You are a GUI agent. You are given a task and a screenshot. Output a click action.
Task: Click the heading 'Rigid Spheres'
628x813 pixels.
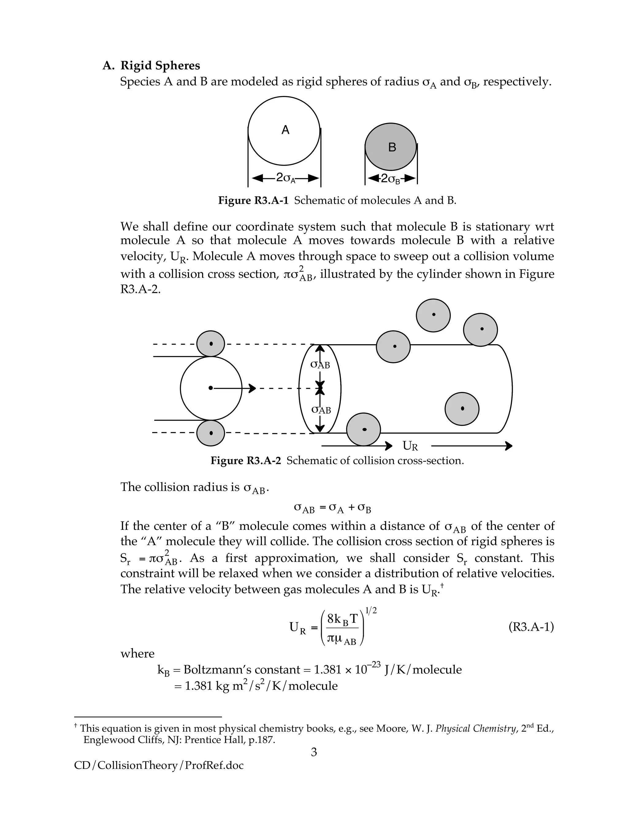(x=160, y=66)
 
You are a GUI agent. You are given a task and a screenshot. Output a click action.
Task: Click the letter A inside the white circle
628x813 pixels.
(x=285, y=130)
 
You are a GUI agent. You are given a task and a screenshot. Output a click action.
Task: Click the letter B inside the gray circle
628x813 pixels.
(x=392, y=147)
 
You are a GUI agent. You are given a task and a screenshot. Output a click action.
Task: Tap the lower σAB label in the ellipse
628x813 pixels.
(x=321, y=410)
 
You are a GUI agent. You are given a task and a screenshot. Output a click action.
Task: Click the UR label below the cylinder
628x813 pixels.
(x=410, y=446)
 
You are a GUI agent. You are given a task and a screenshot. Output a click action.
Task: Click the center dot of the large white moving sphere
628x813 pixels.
(x=211, y=388)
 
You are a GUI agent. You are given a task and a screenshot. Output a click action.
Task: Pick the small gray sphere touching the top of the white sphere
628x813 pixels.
(x=211, y=344)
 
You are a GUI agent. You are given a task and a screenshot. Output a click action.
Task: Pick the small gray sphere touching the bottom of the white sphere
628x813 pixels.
(x=211, y=433)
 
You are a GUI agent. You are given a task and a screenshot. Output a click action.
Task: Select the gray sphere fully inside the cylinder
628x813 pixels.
(x=462, y=409)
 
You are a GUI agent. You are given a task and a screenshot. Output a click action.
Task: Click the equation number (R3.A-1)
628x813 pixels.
(x=531, y=628)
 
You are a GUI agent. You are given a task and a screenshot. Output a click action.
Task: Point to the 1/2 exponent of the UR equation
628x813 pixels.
(x=371, y=611)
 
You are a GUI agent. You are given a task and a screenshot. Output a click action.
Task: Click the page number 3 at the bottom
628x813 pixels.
(x=314, y=753)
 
